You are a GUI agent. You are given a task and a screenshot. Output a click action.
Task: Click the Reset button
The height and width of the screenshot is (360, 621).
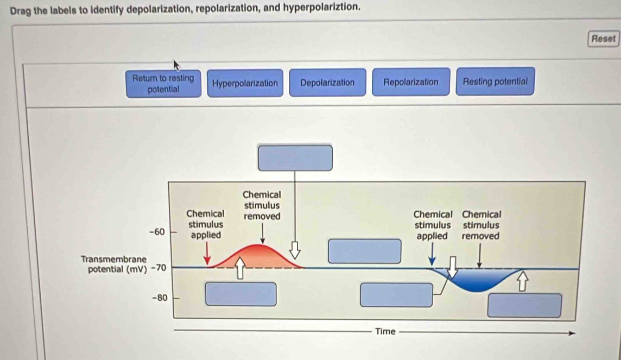pyautogui.click(x=603, y=39)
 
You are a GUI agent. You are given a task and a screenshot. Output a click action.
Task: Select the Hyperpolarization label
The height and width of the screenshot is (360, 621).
pyautogui.click(x=245, y=83)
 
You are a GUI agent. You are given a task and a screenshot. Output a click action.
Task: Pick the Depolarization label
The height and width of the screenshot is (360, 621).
pyautogui.click(x=327, y=83)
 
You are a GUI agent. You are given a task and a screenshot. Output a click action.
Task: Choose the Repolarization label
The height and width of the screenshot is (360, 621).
pyautogui.click(x=410, y=82)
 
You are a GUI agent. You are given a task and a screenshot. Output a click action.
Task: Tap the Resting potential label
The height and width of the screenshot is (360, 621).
pyautogui.click(x=495, y=81)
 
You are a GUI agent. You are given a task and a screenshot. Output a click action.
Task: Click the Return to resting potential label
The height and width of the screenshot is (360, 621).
pyautogui.click(x=163, y=83)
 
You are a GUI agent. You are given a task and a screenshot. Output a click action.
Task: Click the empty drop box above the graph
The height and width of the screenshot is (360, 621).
pyautogui.click(x=295, y=157)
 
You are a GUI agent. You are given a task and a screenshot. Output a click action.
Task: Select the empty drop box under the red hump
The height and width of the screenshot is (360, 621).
pyautogui.click(x=240, y=294)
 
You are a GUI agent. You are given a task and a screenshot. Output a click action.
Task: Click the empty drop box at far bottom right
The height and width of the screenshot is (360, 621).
pyautogui.click(x=524, y=305)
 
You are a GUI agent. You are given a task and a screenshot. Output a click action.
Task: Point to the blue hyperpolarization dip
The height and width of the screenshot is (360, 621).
pyautogui.click(x=478, y=280)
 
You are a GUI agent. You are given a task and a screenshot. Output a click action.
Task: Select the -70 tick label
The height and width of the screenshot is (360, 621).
pyautogui.click(x=160, y=268)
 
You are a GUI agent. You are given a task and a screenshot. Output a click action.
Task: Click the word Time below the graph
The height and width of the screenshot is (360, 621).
pyautogui.click(x=385, y=331)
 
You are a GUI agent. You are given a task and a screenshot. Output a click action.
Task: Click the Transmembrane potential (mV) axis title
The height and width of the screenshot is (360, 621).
pyautogui.click(x=113, y=263)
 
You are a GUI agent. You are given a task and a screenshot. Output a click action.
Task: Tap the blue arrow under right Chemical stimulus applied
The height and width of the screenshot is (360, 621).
pyautogui.click(x=432, y=254)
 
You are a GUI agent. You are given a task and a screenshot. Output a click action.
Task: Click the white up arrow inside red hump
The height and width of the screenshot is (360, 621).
pyautogui.click(x=239, y=269)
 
